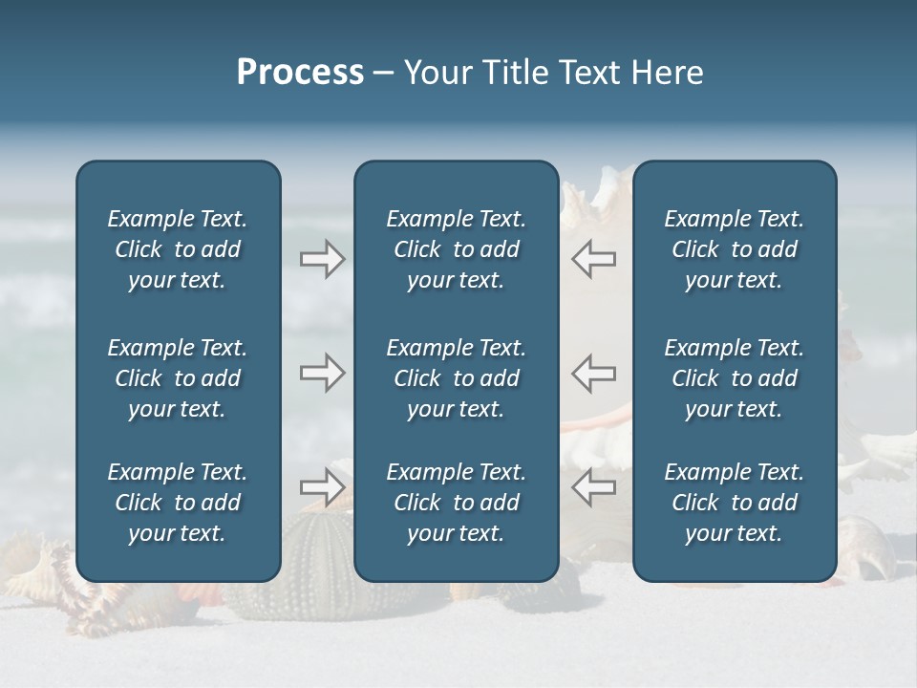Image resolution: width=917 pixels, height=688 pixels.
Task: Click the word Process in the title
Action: [300, 73]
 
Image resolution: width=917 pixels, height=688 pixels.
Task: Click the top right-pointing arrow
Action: [322, 259]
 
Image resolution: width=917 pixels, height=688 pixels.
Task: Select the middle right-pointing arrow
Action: [322, 373]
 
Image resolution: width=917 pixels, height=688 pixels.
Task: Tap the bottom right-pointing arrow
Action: [322, 487]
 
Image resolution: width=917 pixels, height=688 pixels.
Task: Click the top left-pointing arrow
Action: [593, 259]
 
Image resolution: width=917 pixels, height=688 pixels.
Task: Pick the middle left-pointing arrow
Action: [593, 373]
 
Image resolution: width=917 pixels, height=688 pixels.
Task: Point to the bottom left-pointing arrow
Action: [593, 487]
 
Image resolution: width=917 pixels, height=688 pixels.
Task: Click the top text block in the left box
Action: [178, 249]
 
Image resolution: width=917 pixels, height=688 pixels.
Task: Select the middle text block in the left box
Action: [178, 378]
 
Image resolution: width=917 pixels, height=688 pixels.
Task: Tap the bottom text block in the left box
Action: [178, 503]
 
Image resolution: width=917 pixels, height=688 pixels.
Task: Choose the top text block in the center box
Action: [456, 249]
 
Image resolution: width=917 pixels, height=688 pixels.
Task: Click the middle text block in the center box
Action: [456, 378]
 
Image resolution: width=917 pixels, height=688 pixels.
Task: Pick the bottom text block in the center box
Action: [456, 503]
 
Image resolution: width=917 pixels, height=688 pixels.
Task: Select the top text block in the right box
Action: [734, 249]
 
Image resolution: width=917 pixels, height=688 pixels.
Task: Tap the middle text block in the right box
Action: [734, 378]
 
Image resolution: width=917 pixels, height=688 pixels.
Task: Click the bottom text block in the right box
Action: [734, 503]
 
